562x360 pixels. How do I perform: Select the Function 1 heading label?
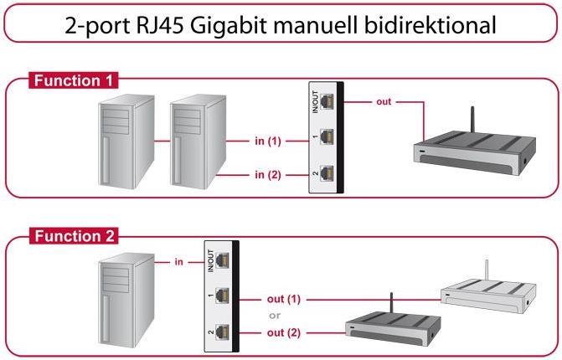click(75, 81)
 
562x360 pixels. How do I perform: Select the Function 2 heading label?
click(75, 236)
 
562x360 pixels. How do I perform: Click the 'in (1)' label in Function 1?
click(268, 141)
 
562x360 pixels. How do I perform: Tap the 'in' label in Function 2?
click(179, 262)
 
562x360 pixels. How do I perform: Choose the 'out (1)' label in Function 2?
click(282, 298)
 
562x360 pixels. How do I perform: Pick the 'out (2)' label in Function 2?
click(282, 332)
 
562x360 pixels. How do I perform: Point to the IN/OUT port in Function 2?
click(221, 262)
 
